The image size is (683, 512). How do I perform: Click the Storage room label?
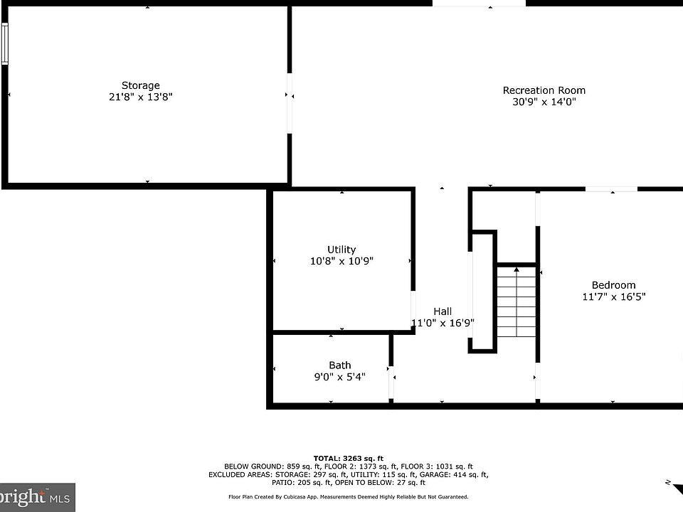coord(140,86)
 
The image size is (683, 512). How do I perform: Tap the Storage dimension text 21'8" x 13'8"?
coord(140,97)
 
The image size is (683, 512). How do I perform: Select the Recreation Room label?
coord(544,90)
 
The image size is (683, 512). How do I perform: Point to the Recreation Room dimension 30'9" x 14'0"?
coord(544,102)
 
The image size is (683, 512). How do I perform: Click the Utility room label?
coord(341,250)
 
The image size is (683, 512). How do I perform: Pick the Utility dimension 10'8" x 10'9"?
coord(341,261)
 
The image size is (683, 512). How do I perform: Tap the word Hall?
coord(443,311)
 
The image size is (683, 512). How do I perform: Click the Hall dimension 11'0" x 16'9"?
coord(443,323)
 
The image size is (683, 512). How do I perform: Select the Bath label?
coord(340,366)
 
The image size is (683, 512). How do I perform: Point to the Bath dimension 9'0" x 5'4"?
coord(340,377)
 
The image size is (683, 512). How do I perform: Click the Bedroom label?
coord(613,286)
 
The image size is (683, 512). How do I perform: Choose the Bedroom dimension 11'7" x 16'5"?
coord(614,297)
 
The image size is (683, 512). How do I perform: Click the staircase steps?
coord(517,302)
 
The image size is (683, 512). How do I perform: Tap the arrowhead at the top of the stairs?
coord(517,270)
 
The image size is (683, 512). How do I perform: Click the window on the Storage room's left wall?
coord(5,43)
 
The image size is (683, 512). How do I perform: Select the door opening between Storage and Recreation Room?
coord(290,103)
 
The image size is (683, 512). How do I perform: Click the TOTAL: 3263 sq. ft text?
coord(349,459)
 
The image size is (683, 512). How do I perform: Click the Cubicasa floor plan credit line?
coord(349,497)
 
